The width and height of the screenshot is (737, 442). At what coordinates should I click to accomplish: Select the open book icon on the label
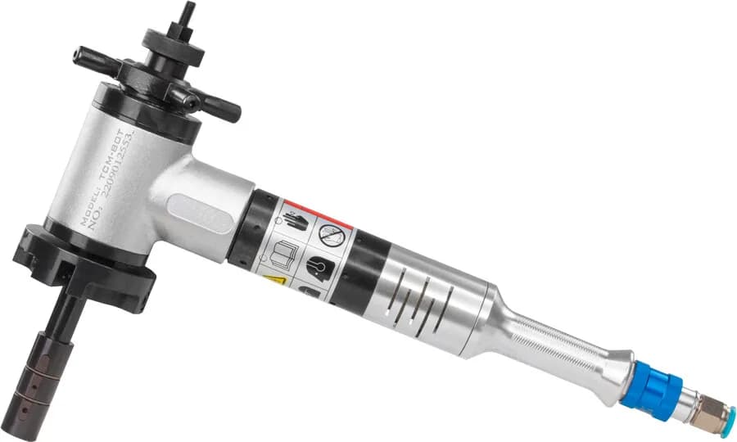click(x=285, y=250)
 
